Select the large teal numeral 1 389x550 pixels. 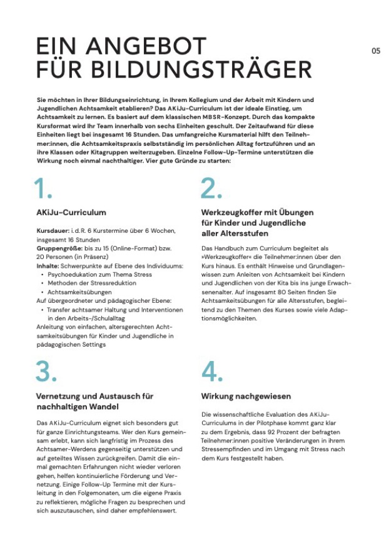click(x=43, y=188)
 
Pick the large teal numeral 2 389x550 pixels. click(x=211, y=188)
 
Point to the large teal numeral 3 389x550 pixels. click(x=46, y=372)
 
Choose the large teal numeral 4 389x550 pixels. click(x=213, y=372)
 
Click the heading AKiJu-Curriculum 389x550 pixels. click(x=71, y=212)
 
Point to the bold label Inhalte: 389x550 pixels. click(x=48, y=266)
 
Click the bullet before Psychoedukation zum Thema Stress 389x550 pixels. click(x=41, y=275)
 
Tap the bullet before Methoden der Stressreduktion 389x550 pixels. click(x=41, y=283)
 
